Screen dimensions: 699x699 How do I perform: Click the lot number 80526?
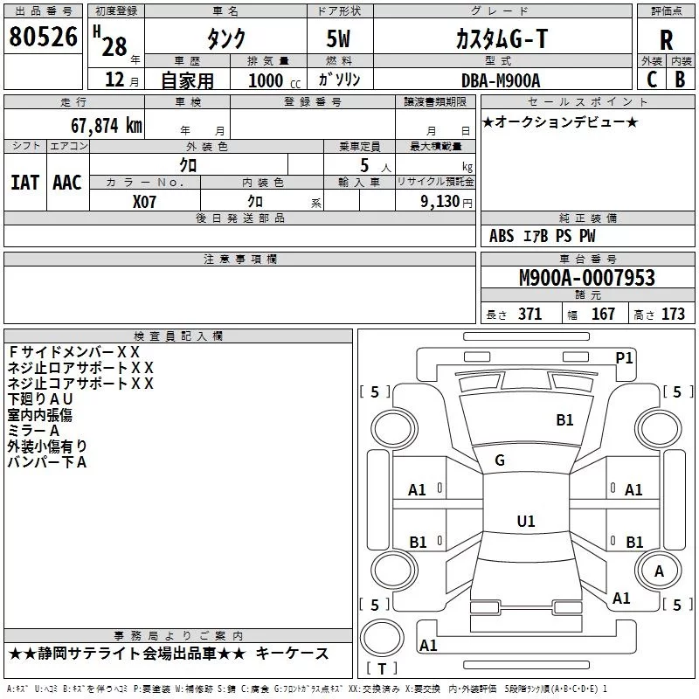pyautogui.click(x=42, y=38)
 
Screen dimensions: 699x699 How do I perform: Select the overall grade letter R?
pyautogui.click(x=666, y=39)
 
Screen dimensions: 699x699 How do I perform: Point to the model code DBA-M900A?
pyautogui.click(x=501, y=80)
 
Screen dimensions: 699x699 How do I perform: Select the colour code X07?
pyautogui.click(x=145, y=200)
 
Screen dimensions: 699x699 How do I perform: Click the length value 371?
pyautogui.click(x=529, y=314)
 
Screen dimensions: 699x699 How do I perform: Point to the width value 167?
pyautogui.click(x=603, y=314)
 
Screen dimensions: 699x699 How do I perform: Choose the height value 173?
pyautogui.click(x=673, y=314)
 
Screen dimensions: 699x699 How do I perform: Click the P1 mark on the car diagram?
pyautogui.click(x=624, y=357)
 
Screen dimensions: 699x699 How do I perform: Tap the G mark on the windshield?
pyautogui.click(x=499, y=460)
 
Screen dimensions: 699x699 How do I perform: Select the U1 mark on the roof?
pyautogui.click(x=525, y=521)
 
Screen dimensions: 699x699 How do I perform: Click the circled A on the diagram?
pyautogui.click(x=659, y=571)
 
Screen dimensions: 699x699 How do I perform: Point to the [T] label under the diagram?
pyautogui.click(x=382, y=668)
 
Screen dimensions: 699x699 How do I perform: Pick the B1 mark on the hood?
pyautogui.click(x=564, y=420)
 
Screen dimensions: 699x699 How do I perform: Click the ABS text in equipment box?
pyautogui.click(x=502, y=236)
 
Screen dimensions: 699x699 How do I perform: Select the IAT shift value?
pyautogui.click(x=24, y=183)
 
